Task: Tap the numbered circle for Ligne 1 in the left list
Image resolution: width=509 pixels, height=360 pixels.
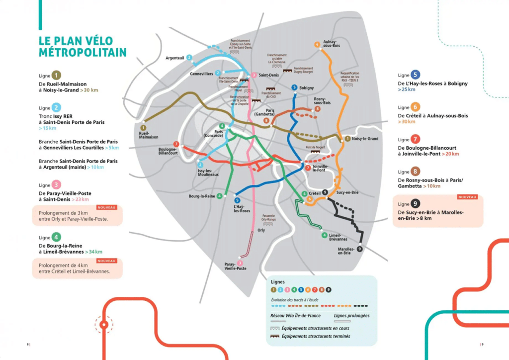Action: [x=57, y=76]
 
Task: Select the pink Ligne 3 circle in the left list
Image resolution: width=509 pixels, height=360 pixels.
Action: [x=57, y=184]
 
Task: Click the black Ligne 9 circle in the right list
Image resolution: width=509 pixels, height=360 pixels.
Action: [x=416, y=204]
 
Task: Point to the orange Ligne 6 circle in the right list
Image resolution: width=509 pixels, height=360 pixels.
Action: [x=416, y=107]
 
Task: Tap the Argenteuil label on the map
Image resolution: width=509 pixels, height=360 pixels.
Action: [x=174, y=58]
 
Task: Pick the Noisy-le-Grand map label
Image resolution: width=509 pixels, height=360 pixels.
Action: [x=365, y=139]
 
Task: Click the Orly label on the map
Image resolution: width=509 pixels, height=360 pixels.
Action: [x=261, y=231]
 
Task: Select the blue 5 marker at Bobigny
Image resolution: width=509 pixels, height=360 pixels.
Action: [x=294, y=88]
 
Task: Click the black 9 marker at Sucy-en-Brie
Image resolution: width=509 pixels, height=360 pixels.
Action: [x=325, y=192]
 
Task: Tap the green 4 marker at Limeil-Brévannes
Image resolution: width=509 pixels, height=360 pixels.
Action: [x=324, y=235]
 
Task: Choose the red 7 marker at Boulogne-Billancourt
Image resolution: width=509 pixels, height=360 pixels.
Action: [x=176, y=144]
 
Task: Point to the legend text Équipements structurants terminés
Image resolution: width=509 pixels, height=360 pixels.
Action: [x=316, y=337]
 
